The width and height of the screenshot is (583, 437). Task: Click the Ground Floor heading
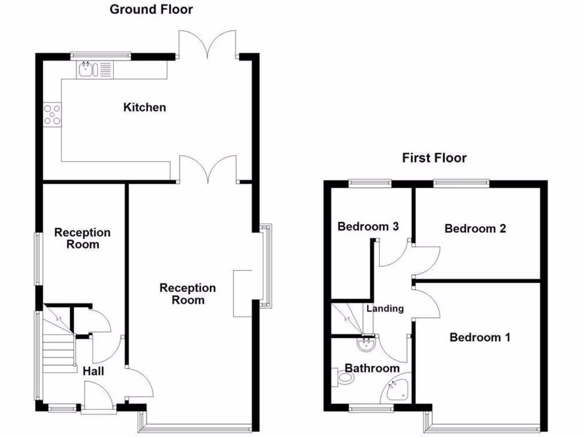pyautogui.click(x=151, y=9)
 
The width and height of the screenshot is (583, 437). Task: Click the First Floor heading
pyautogui.click(x=434, y=158)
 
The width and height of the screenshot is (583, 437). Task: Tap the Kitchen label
pyautogui.click(x=145, y=107)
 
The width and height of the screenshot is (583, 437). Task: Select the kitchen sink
pyautogui.click(x=87, y=70)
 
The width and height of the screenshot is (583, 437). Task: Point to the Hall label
pyautogui.click(x=93, y=371)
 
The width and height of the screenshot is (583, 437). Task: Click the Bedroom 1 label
pyautogui.click(x=479, y=337)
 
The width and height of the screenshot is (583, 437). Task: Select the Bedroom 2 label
pyautogui.click(x=475, y=228)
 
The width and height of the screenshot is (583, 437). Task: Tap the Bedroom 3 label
pyautogui.click(x=367, y=226)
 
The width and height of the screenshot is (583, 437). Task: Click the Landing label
pyautogui.click(x=385, y=308)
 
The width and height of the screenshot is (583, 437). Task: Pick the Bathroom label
pyautogui.click(x=372, y=368)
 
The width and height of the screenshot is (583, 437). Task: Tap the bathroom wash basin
pyautogui.click(x=366, y=343)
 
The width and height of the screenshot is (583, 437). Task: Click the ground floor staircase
pyautogui.click(x=58, y=341)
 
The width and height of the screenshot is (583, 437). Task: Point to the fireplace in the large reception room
pyautogui.click(x=242, y=292)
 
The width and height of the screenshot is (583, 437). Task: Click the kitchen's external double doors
pyautogui.click(x=208, y=46)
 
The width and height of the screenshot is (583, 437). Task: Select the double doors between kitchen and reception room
pyautogui.click(x=208, y=170)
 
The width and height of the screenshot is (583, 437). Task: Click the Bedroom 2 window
pyautogui.click(x=461, y=183)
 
